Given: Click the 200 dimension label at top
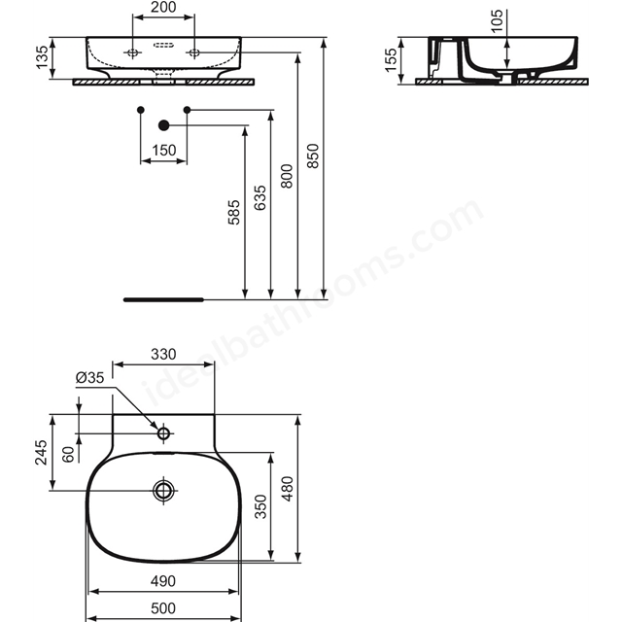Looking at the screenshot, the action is [x=163, y=7].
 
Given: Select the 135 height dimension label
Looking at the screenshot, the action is [x=42, y=57].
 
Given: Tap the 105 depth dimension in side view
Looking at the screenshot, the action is [x=497, y=20].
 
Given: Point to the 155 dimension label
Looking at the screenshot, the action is [x=391, y=60].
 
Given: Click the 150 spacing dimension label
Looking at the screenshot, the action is [x=164, y=151].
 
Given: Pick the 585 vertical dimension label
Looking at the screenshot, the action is [x=233, y=212].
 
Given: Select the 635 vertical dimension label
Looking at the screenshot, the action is [x=259, y=198].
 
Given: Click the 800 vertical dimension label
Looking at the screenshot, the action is [x=286, y=177].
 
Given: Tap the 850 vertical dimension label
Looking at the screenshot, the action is [x=313, y=155].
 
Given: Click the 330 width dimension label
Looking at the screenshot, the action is [x=163, y=354].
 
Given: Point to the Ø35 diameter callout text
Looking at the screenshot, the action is [x=89, y=377].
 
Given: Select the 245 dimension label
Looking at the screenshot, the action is [x=41, y=452].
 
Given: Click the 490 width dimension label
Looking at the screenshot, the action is [x=163, y=581].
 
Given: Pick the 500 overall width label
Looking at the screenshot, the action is [x=163, y=608].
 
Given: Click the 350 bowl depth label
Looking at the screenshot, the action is [x=260, y=506].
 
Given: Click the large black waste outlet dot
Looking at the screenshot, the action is [x=164, y=125].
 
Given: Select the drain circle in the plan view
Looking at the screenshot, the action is [x=163, y=491].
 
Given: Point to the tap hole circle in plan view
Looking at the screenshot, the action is [x=164, y=433].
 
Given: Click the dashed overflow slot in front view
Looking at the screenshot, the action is [x=163, y=45].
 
